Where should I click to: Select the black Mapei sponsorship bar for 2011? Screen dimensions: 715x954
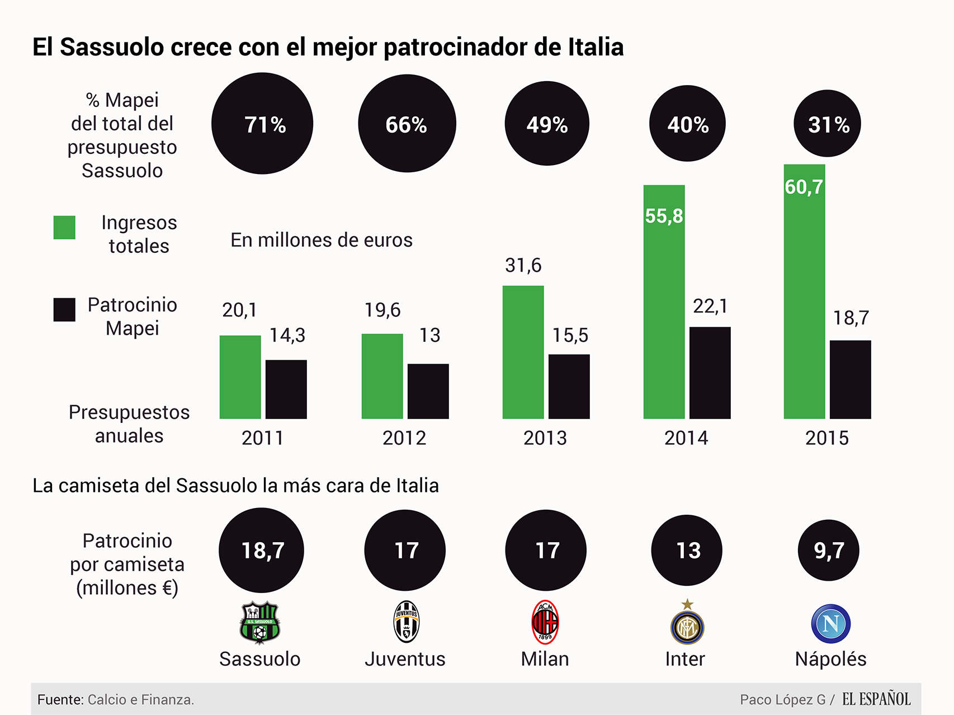(x=286, y=389)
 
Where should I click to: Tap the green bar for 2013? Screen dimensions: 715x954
(x=523, y=352)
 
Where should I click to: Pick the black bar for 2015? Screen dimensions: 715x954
(x=850, y=379)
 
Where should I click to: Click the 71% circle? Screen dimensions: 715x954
(x=262, y=124)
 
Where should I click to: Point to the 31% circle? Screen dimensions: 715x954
(x=827, y=124)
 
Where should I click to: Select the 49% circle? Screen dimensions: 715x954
(x=547, y=124)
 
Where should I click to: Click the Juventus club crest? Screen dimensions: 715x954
(x=406, y=622)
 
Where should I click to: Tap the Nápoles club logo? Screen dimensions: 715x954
(x=830, y=623)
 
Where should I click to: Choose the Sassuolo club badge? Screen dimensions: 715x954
(x=260, y=623)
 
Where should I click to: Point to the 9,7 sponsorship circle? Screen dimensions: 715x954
(x=828, y=551)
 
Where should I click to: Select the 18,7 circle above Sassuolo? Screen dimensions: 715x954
(x=261, y=551)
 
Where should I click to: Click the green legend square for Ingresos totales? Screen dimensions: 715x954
(x=64, y=228)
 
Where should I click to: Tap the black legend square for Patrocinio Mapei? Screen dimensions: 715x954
(x=64, y=309)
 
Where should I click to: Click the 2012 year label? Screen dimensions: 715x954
(x=404, y=438)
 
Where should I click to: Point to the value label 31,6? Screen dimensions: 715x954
(x=523, y=265)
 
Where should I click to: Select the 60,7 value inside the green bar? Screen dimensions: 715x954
(x=804, y=187)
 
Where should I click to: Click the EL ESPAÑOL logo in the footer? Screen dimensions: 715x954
(x=876, y=699)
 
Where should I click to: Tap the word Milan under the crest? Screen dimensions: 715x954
(x=545, y=659)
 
